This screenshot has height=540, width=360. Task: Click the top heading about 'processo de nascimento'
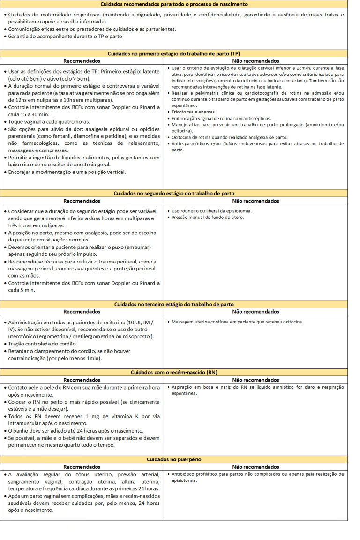(174, 4)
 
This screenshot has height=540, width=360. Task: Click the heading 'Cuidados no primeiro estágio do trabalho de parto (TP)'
(174, 54)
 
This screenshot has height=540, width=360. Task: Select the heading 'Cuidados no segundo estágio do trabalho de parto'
(174, 193)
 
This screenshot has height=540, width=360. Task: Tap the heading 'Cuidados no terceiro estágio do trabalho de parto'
(174, 304)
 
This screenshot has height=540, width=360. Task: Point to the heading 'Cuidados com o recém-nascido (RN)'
(174, 372)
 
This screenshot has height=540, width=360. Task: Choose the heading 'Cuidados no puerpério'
(174, 459)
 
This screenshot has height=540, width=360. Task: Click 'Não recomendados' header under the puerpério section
(255, 467)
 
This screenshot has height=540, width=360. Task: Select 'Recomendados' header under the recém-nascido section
(82, 380)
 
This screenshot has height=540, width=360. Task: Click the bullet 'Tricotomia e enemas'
(193, 112)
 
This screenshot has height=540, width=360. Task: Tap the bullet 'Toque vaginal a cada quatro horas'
(49, 122)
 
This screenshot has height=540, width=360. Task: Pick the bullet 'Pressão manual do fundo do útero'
(208, 217)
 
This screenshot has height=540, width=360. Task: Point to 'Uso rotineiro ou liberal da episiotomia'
(211, 211)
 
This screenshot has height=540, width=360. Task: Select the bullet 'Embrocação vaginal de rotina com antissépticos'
(221, 119)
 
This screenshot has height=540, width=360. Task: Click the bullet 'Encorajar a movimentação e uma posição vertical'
(67, 172)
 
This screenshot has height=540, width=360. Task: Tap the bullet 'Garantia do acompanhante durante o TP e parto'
(65, 36)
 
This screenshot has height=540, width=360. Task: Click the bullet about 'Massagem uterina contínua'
(237, 322)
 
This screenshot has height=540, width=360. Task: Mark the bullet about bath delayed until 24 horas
(76, 431)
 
